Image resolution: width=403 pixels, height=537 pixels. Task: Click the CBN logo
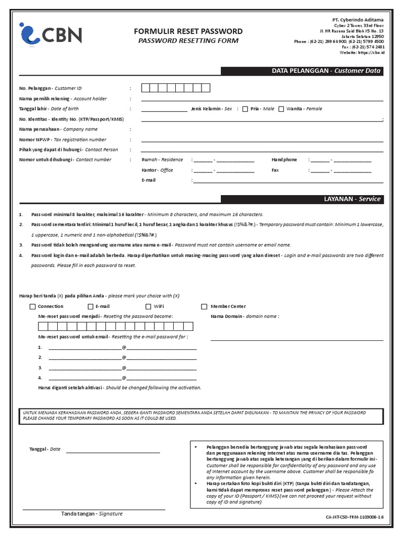(x=50, y=35)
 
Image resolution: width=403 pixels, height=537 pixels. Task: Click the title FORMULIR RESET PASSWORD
(x=188, y=31)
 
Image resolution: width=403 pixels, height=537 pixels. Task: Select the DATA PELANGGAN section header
(x=302, y=71)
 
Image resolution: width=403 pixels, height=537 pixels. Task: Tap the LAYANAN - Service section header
(x=302, y=199)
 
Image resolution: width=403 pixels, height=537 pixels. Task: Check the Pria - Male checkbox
(x=245, y=109)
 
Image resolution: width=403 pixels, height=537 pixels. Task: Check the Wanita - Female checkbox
(x=281, y=109)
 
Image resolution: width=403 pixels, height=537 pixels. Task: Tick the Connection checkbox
(x=33, y=307)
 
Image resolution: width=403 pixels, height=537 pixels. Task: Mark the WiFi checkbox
(x=149, y=307)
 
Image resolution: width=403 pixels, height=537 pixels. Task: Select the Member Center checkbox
(x=205, y=307)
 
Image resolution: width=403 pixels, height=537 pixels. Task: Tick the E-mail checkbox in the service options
(x=91, y=307)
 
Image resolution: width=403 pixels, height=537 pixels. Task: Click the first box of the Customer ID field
(x=145, y=88)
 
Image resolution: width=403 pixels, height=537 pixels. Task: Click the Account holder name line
(x=262, y=99)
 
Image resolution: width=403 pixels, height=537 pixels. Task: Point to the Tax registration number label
(x=62, y=139)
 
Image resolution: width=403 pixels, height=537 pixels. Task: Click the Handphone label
(x=284, y=159)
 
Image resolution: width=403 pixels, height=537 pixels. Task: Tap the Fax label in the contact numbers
(x=275, y=170)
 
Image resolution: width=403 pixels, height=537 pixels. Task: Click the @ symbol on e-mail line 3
(x=124, y=368)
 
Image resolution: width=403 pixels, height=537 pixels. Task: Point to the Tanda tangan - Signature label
(x=92, y=513)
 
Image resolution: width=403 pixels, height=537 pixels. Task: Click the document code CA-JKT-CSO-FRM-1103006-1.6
(x=355, y=518)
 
